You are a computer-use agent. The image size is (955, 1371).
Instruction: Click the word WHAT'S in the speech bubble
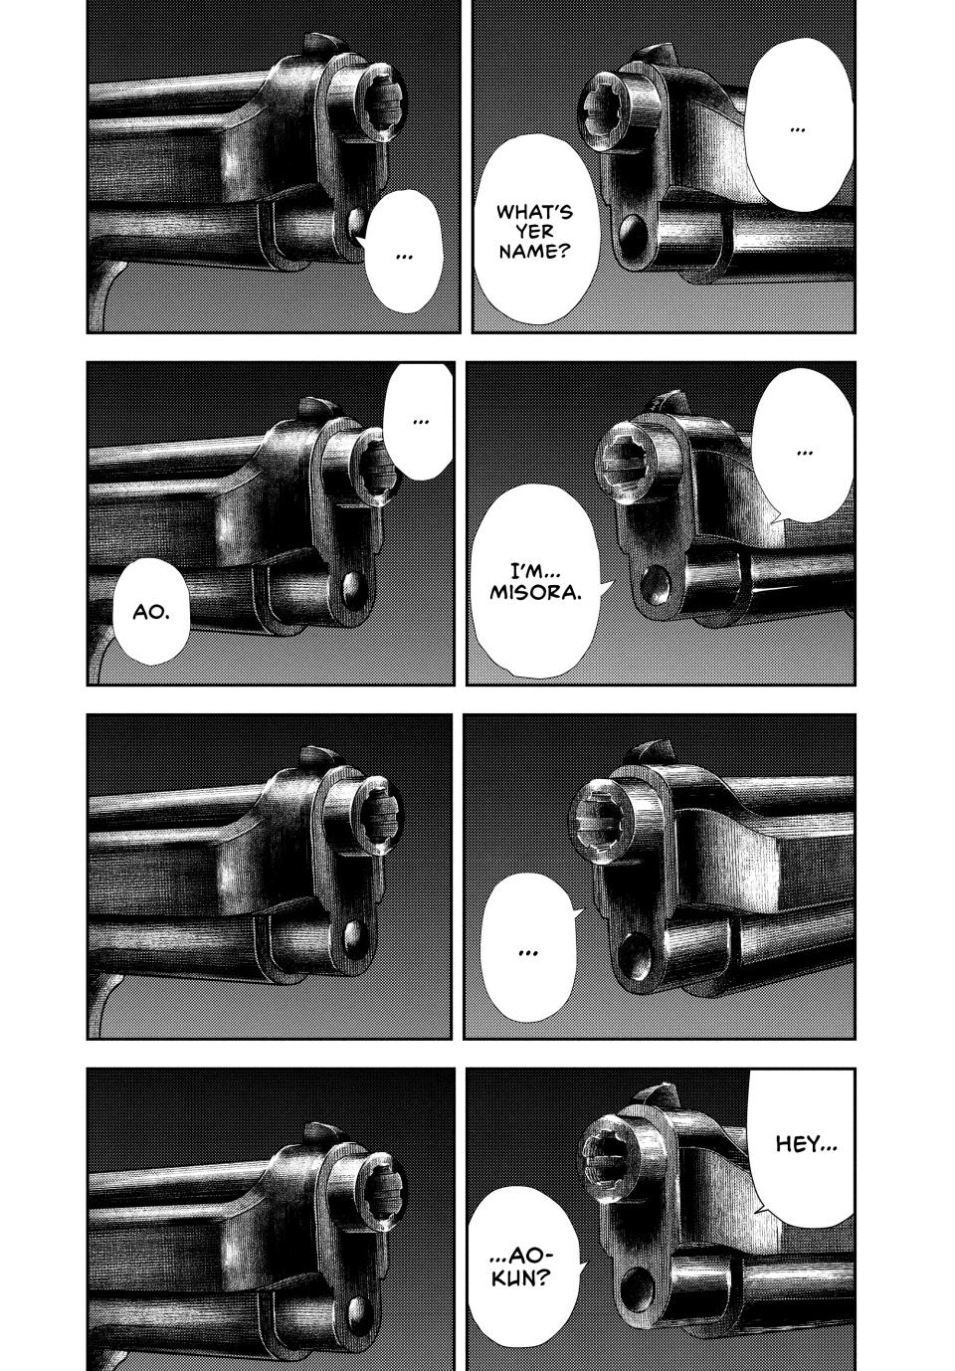[534, 212]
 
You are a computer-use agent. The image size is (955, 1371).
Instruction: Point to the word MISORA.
[535, 594]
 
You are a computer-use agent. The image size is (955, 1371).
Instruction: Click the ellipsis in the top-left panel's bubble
[404, 257]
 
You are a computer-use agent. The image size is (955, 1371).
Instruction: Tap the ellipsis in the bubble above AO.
[420, 422]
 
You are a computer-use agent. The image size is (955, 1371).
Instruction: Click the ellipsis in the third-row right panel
[526, 953]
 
